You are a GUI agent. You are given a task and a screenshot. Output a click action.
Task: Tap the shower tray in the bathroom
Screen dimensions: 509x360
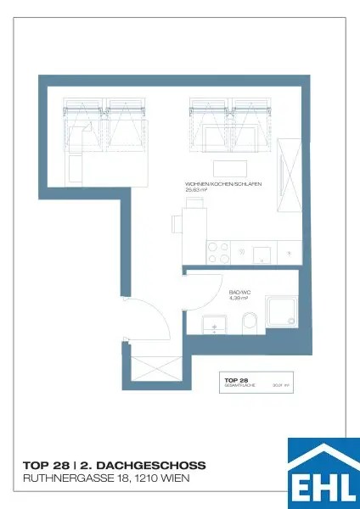coord(280,311)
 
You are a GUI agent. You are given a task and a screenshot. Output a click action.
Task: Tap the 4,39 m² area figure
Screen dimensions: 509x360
coord(239,298)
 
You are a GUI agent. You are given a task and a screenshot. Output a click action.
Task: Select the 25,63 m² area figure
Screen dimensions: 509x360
coord(196,190)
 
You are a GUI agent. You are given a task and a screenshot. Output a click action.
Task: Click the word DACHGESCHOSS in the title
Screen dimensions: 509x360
coord(156,466)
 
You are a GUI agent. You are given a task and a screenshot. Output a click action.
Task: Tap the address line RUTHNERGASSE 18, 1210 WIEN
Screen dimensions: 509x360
coord(106,479)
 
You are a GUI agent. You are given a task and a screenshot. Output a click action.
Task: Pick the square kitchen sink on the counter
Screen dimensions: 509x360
coord(262,252)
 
